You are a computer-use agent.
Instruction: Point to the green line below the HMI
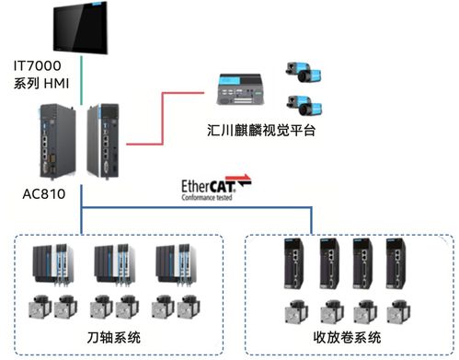click(82, 81)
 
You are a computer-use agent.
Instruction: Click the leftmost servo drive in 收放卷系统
click(294, 266)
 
